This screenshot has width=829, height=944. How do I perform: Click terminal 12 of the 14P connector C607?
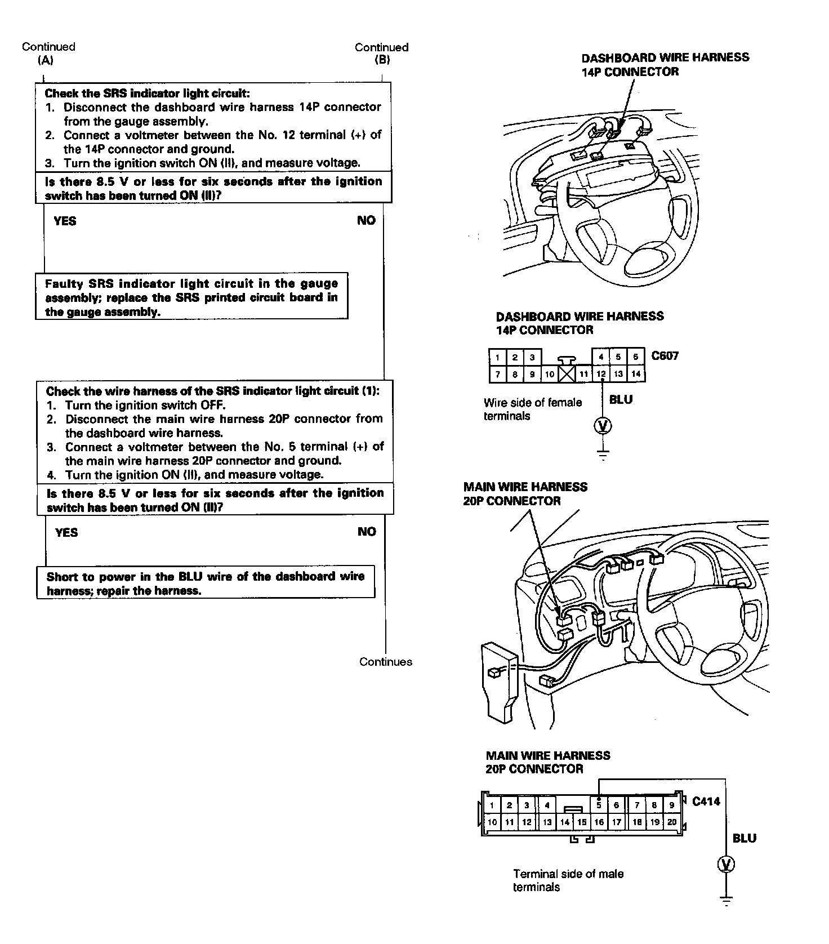click(601, 373)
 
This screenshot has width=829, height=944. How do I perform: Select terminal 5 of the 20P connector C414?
click(599, 805)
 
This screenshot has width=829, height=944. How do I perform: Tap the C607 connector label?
click(665, 356)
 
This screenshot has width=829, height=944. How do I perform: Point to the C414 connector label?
click(706, 801)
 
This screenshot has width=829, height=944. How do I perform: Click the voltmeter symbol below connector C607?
click(603, 426)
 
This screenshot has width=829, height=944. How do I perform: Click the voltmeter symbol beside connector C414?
click(727, 864)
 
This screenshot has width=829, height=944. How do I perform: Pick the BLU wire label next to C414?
click(744, 839)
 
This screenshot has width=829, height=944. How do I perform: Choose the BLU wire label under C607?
click(621, 400)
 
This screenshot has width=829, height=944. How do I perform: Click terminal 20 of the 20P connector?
click(672, 822)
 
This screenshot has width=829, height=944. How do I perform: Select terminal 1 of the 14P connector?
click(497, 357)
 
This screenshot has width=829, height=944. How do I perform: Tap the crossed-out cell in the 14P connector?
click(567, 373)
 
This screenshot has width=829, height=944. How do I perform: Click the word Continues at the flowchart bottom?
click(386, 662)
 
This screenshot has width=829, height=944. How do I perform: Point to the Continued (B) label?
click(381, 54)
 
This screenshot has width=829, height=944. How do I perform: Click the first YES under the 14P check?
click(65, 221)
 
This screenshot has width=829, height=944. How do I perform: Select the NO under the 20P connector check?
click(367, 532)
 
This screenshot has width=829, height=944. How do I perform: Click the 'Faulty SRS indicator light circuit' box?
click(191, 297)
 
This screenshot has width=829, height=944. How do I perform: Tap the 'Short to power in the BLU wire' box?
click(206, 583)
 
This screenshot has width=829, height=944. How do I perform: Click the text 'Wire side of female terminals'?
click(532, 409)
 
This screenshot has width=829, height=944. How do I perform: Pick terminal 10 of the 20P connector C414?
click(492, 822)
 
